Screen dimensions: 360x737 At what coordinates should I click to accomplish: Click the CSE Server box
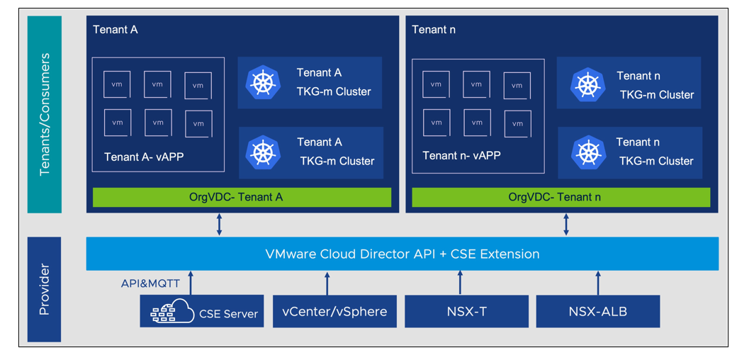[x=202, y=312]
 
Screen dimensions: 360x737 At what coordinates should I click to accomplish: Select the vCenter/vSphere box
[x=334, y=312]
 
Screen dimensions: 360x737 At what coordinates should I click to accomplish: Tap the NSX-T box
[x=466, y=312]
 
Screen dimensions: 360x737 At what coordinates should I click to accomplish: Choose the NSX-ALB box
[x=597, y=312]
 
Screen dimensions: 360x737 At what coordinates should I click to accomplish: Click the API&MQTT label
[x=151, y=283]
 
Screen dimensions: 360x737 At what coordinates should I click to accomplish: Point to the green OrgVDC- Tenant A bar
[x=242, y=198]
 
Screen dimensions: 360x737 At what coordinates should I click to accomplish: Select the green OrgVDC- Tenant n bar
[x=561, y=198]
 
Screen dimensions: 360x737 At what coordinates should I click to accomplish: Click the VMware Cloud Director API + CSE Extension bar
[x=402, y=254]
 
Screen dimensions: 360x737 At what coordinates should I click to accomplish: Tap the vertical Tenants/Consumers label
[x=45, y=114]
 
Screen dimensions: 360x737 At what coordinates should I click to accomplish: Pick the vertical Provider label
[x=45, y=289]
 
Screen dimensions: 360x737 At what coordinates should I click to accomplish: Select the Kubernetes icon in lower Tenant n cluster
[x=587, y=152]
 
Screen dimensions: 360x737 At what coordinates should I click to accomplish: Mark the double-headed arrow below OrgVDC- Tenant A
[x=219, y=223]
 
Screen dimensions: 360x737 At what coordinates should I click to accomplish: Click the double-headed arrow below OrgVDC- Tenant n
[x=566, y=223]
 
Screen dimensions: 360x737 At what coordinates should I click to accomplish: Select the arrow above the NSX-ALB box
[x=597, y=283]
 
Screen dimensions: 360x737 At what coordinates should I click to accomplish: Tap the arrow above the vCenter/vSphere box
[x=327, y=283]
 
